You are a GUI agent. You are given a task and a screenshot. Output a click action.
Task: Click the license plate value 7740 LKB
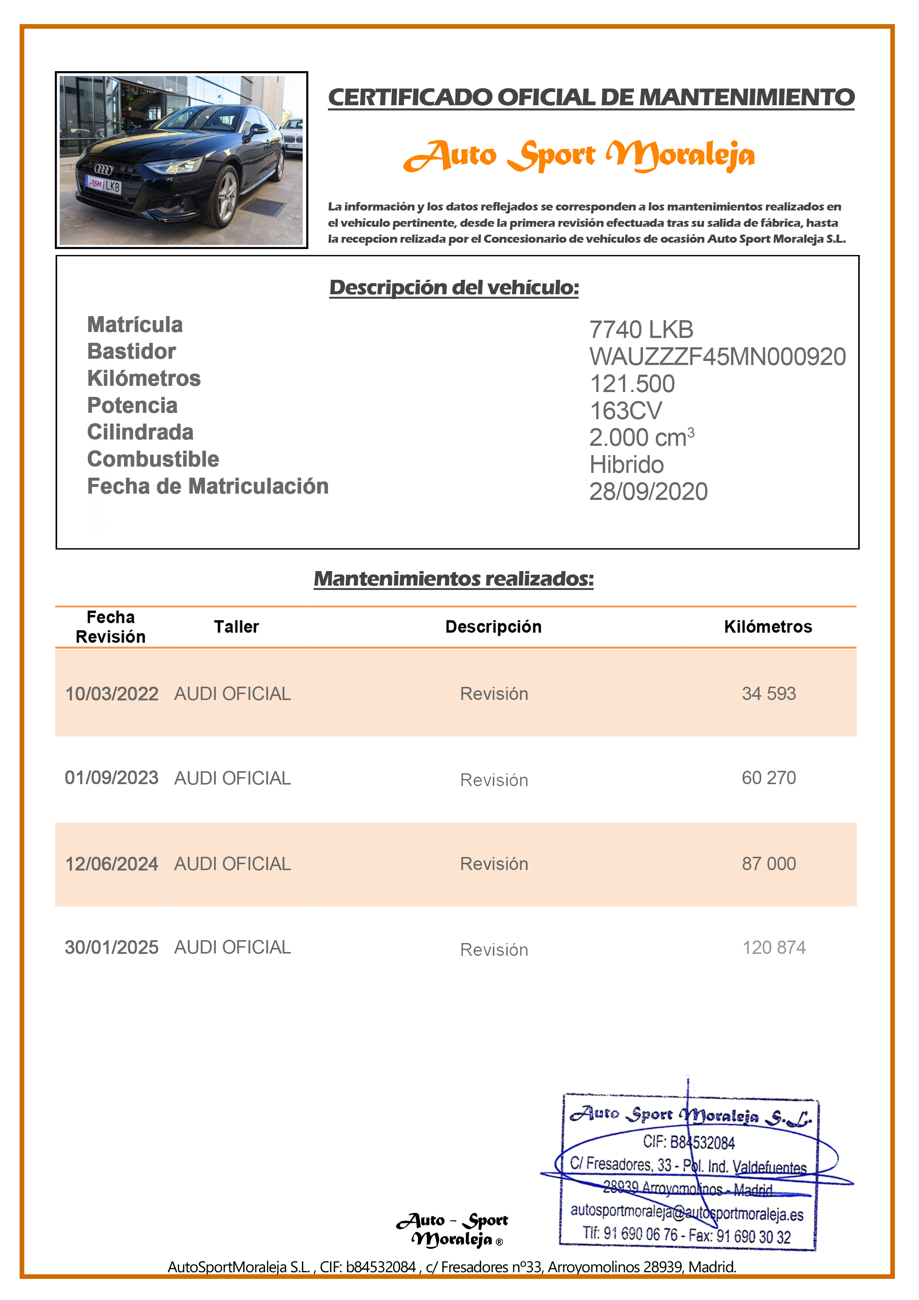[641, 329]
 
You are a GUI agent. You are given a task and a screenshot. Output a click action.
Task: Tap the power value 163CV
[626, 411]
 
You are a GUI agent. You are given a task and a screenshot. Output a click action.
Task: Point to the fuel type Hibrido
[626, 465]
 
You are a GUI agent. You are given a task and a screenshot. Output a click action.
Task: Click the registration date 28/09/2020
[648, 491]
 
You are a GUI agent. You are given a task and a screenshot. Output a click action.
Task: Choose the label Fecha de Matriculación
[208, 486]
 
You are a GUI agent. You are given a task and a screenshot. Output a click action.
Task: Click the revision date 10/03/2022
[112, 694]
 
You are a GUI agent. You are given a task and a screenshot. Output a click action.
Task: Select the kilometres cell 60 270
[769, 778]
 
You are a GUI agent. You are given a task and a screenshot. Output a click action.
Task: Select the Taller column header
[236, 627]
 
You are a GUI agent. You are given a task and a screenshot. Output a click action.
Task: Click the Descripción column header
[493, 627]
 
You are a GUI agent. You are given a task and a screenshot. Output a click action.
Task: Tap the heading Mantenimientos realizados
[454, 578]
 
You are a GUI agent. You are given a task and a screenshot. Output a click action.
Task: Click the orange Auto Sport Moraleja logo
[579, 155]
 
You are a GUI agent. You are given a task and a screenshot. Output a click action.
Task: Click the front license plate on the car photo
[104, 185]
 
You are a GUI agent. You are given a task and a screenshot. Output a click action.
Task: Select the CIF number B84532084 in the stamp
[689, 1142]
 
